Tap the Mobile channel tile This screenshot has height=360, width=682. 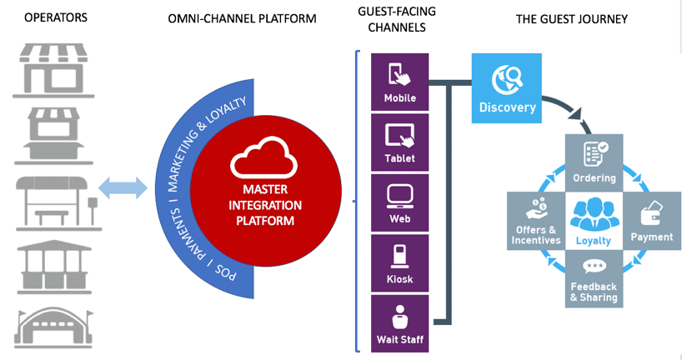tap(399, 82)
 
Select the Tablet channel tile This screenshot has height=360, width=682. tap(399, 142)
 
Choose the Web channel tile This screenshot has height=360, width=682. tap(399, 202)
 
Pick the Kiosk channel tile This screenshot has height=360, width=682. tap(399, 262)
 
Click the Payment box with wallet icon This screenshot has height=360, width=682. tap(651, 222)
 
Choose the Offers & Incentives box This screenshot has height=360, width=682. tap(536, 222)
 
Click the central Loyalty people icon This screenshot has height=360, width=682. tap(594, 216)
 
